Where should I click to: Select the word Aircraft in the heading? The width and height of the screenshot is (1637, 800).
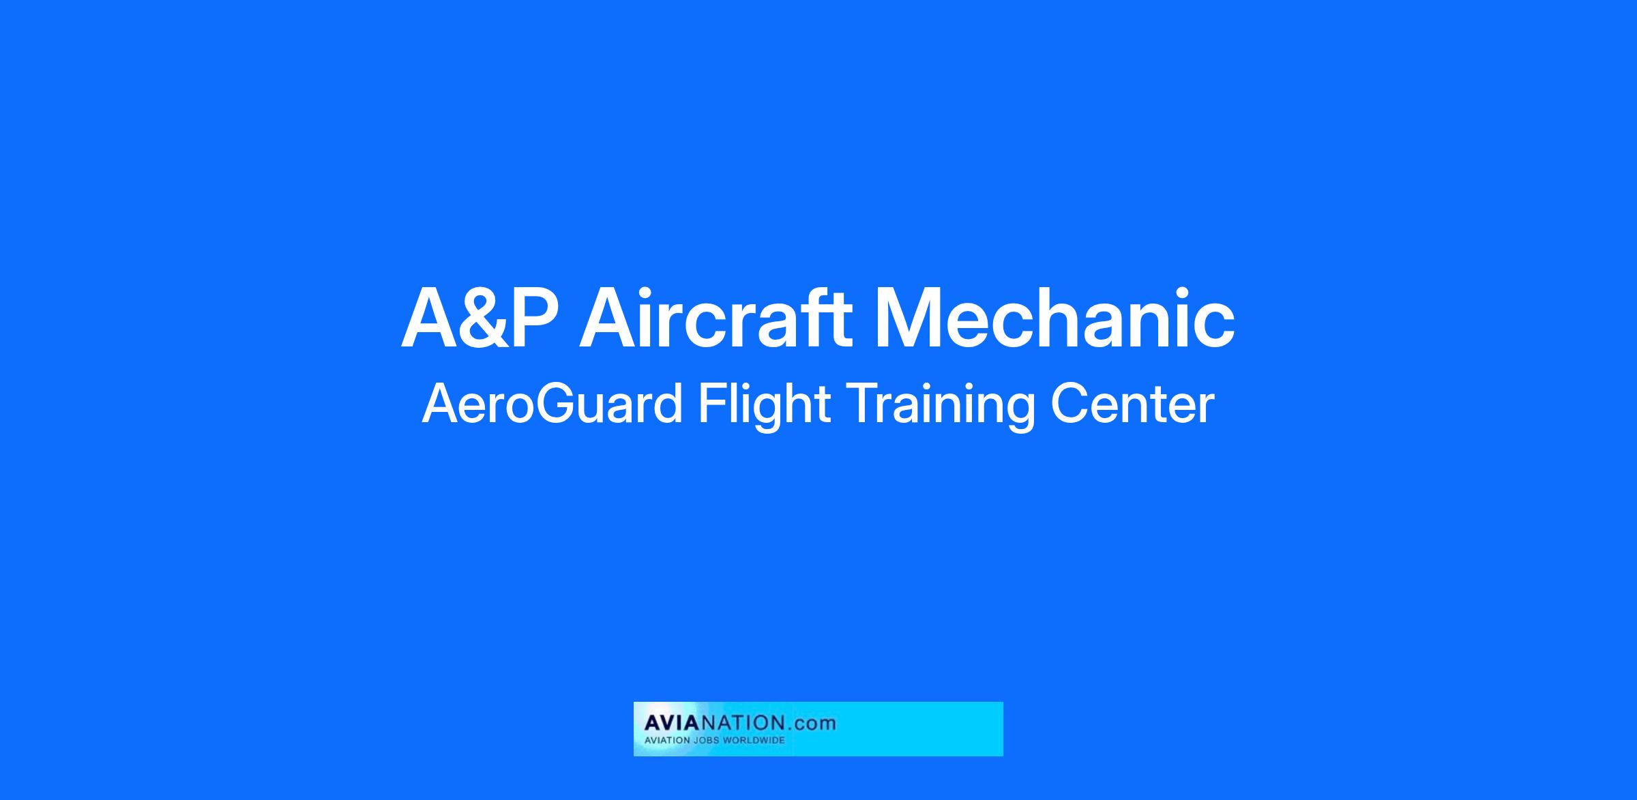point(716,317)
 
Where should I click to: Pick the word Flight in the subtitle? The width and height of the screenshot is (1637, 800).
point(763,406)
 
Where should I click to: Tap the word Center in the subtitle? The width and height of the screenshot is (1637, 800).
point(1133,404)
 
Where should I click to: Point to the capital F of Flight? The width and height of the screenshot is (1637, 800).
point(711,404)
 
